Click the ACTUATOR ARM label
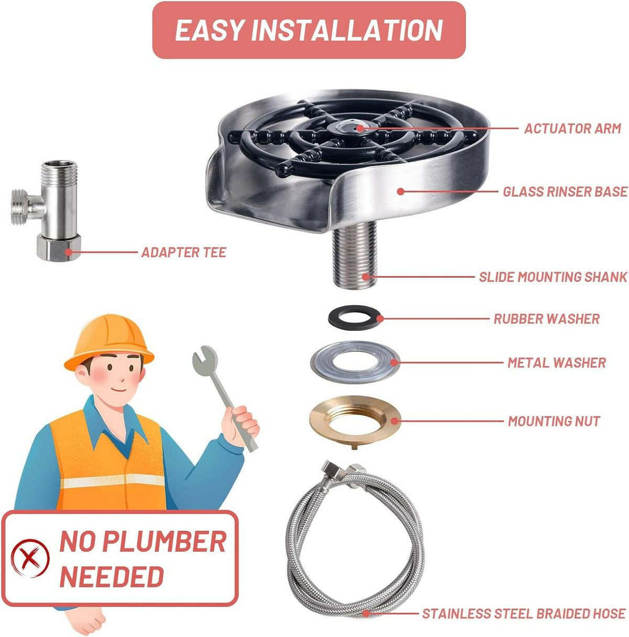coord(572,128)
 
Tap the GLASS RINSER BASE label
coord(565,192)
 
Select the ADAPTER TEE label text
coord(184,253)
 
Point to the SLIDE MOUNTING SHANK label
coord(553,277)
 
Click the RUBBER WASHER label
coord(547,319)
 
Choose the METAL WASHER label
coord(557,363)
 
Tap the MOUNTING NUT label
coord(554,422)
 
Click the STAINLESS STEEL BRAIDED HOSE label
coord(524,614)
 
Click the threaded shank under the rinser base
coord(354,254)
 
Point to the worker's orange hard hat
coord(110,343)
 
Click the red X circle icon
coord(30,559)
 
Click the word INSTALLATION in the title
coord(347,30)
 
